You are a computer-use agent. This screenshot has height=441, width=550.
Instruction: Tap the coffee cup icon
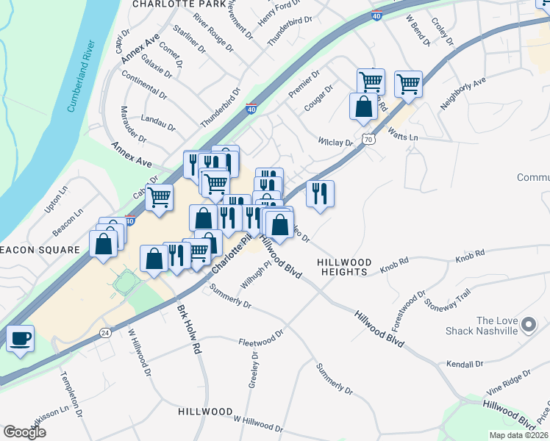[20, 339]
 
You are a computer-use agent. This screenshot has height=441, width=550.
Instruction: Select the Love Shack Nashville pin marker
[527, 324]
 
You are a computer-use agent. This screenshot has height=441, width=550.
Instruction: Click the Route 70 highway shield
[369, 138]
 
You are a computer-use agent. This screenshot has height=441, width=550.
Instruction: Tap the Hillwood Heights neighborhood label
[342, 267]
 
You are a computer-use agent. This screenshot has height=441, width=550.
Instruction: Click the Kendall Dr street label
[465, 364]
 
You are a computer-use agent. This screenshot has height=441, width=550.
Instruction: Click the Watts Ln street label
[402, 137]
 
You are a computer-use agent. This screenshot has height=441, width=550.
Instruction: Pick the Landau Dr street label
[157, 121]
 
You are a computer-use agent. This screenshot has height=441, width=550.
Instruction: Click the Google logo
[24, 432]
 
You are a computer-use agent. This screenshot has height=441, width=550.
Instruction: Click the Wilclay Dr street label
[335, 140]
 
